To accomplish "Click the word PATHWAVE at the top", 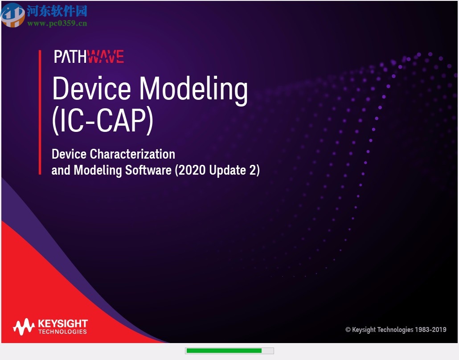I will pyautogui.click(x=89, y=57).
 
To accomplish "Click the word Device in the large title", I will pyautogui.click(x=91, y=89).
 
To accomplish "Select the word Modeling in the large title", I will pyautogui.click(x=194, y=90).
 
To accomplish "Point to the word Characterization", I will pyautogui.click(x=132, y=154).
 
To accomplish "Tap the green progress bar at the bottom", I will pyautogui.click(x=223, y=351).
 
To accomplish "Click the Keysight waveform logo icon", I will pyautogui.click(x=24, y=327).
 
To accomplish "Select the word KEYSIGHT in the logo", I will pyautogui.click(x=63, y=323).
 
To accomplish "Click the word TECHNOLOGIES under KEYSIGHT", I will pyautogui.click(x=62, y=331).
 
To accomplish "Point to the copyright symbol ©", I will pyautogui.click(x=348, y=330).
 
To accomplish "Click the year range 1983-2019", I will pyautogui.click(x=430, y=330).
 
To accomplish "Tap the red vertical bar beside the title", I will pyautogui.click(x=40, y=112).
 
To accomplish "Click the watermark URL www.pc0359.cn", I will pyautogui.click(x=57, y=23).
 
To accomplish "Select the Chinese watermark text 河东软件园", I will pyautogui.click(x=57, y=11).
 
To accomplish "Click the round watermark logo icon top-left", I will pyautogui.click(x=13, y=15).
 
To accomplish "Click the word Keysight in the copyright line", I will pyautogui.click(x=364, y=330).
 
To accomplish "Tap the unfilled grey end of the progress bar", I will pyautogui.click(x=267, y=351).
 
